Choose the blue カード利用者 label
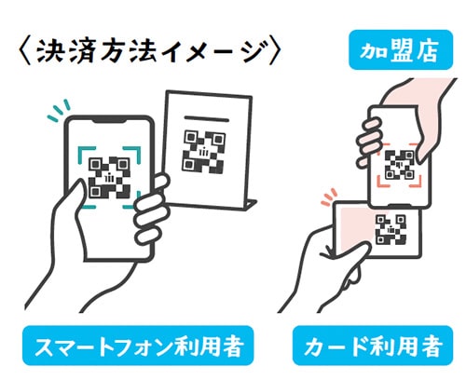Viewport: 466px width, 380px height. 374,347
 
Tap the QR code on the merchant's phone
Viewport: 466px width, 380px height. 400,165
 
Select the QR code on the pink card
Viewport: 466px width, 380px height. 390,229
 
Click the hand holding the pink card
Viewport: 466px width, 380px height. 331,270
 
